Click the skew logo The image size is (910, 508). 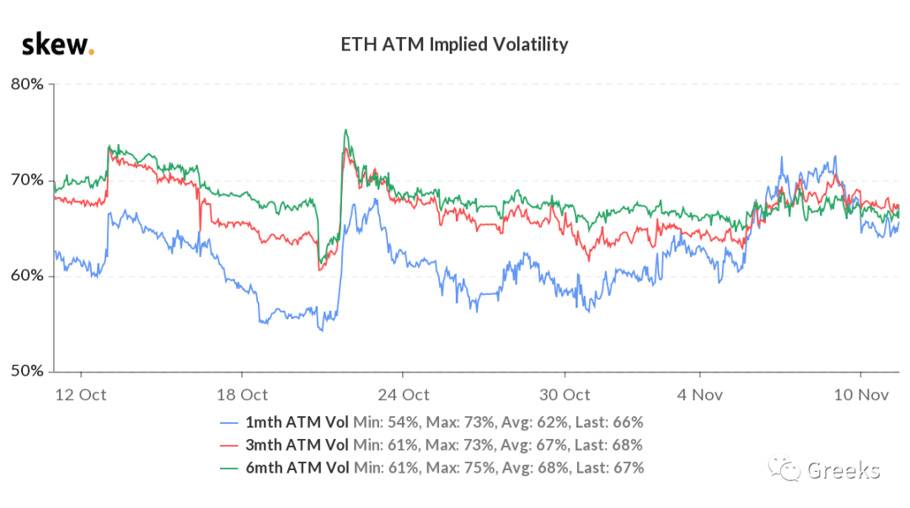(57, 45)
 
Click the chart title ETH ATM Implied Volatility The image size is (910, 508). (454, 45)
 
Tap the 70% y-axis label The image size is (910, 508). (27, 180)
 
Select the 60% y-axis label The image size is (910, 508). (27, 275)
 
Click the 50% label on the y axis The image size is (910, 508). (27, 371)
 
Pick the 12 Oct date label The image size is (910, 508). (81, 395)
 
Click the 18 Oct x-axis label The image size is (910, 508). (242, 395)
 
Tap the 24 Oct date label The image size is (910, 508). (404, 395)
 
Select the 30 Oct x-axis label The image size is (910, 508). (565, 395)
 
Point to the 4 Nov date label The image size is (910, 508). (700, 395)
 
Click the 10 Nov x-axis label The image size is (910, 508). (861, 395)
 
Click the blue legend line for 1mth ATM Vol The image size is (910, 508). (229, 423)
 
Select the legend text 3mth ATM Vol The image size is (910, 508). (297, 446)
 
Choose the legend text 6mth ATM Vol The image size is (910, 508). (297, 468)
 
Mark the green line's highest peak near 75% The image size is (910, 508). (346, 130)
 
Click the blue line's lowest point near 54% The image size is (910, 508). (322, 331)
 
